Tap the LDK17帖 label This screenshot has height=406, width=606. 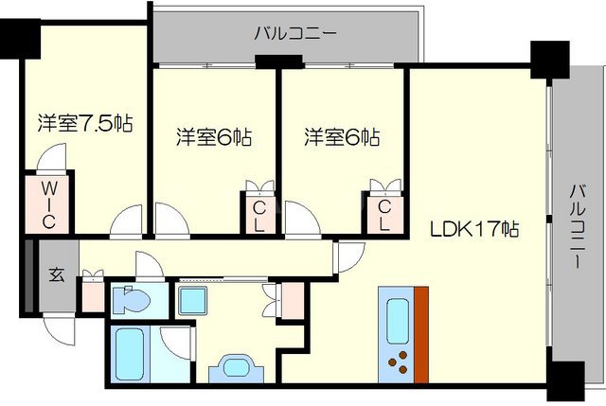[475, 230]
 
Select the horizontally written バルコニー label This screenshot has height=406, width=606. [294, 34]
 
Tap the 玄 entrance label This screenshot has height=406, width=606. [57, 275]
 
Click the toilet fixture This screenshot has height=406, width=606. [129, 302]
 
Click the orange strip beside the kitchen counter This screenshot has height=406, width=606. [420, 331]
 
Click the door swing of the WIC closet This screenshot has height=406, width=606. [55, 159]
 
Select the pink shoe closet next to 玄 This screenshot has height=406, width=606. [93, 292]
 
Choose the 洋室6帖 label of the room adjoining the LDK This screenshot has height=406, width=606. [342, 138]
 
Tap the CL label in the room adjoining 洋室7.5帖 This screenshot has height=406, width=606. [258, 214]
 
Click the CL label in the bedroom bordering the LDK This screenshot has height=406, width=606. [384, 214]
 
